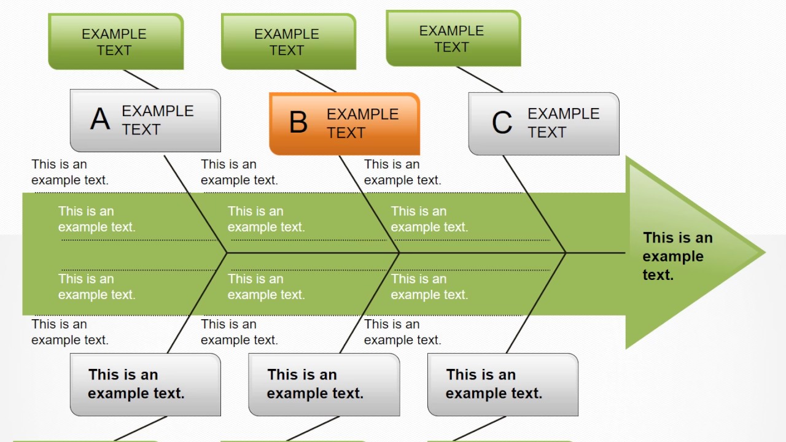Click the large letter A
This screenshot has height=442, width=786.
(x=100, y=119)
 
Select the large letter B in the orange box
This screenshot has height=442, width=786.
(x=298, y=122)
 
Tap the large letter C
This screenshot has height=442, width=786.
(x=502, y=123)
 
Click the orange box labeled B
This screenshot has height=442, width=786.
(x=344, y=123)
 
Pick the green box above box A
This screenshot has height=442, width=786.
(x=115, y=42)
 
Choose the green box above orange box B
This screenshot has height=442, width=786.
(x=288, y=42)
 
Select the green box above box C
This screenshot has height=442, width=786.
(x=453, y=38)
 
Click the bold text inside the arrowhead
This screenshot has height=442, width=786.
(x=677, y=256)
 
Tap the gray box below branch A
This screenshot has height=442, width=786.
(x=145, y=384)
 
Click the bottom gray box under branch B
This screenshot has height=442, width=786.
(x=324, y=384)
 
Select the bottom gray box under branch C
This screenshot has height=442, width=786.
(x=502, y=384)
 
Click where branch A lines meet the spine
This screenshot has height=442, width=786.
(x=227, y=252)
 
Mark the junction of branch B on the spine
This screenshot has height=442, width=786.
(x=399, y=252)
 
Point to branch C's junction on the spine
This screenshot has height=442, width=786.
(x=566, y=252)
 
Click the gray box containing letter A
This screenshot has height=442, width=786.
(x=145, y=120)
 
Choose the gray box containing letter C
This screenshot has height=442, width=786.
(x=543, y=123)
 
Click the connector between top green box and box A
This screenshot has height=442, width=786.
(x=141, y=79)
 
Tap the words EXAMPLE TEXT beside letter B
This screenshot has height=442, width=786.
(x=362, y=123)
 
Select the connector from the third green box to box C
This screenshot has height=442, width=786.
(x=480, y=79)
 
